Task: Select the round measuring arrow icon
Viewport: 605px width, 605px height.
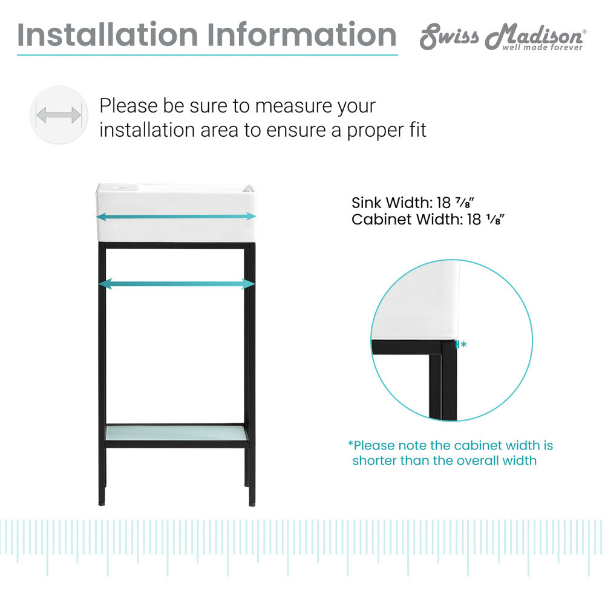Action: click(x=59, y=114)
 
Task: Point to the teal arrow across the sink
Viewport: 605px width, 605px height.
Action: click(x=176, y=216)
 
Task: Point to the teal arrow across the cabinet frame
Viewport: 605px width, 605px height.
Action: click(x=176, y=284)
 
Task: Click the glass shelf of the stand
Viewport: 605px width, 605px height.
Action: click(x=176, y=433)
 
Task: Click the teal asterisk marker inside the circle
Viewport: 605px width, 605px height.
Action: click(x=463, y=345)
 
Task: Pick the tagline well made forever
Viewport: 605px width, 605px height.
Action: click(x=542, y=47)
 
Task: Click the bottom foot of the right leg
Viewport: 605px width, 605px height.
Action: click(x=251, y=502)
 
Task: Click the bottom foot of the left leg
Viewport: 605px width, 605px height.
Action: click(x=102, y=502)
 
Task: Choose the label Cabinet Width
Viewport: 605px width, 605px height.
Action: click(x=407, y=219)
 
